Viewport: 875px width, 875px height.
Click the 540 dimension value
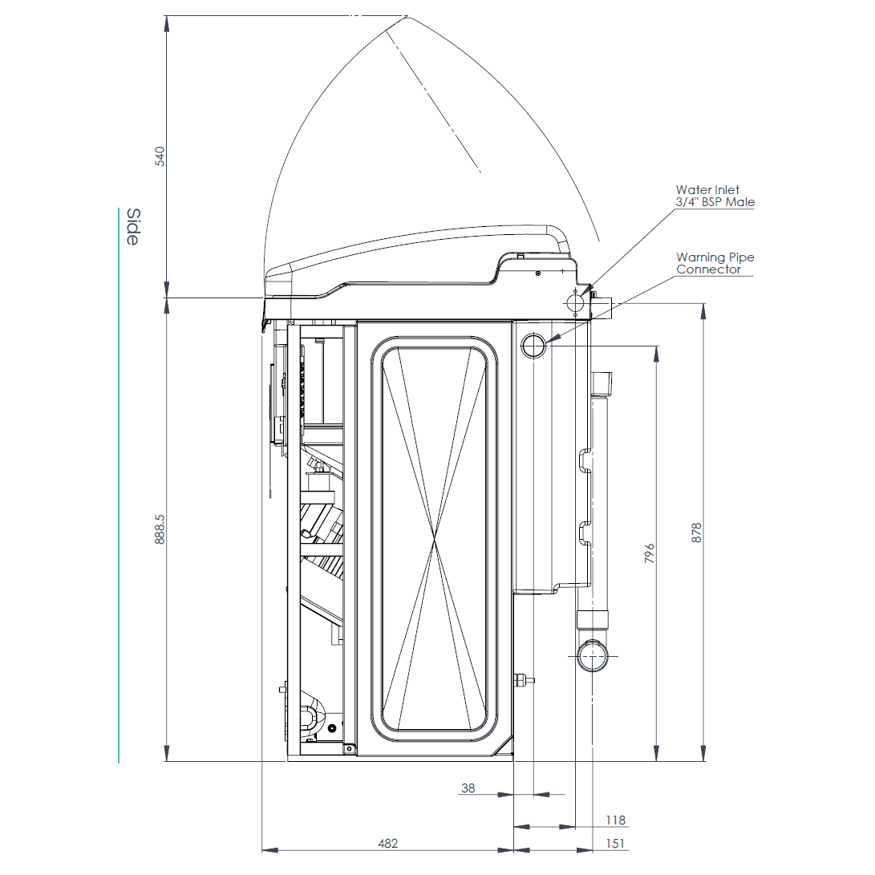(159, 156)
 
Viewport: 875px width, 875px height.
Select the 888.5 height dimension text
(159, 529)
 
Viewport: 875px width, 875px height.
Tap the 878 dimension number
(696, 533)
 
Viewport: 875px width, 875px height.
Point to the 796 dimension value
(650, 553)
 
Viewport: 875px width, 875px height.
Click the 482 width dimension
(387, 843)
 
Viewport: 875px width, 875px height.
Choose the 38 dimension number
(468, 788)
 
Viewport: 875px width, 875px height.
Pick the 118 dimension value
(615, 820)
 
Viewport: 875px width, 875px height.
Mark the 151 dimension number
(615, 843)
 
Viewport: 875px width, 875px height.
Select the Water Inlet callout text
(715, 196)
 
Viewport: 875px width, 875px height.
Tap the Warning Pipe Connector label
(715, 264)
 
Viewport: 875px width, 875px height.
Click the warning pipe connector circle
(533, 346)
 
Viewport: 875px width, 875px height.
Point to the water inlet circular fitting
(575, 303)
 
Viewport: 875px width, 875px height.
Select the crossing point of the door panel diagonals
(434, 541)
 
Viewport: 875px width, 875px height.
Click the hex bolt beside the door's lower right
(522, 679)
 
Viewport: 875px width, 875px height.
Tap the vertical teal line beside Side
(119, 481)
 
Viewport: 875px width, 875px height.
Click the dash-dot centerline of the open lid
(433, 100)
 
